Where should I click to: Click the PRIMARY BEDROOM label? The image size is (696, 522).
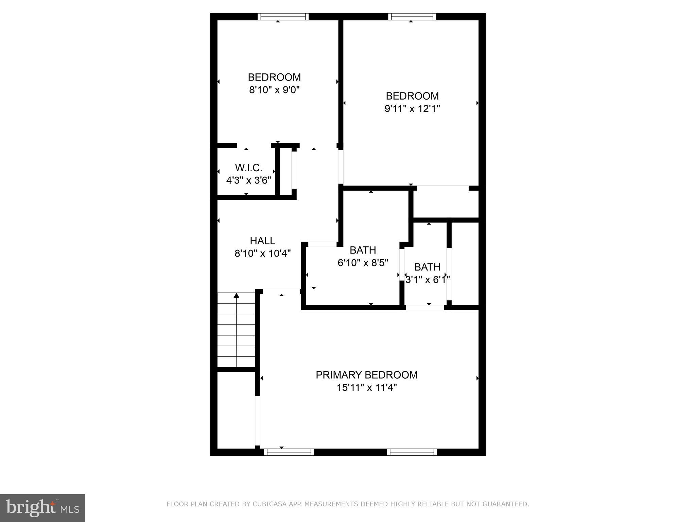click(x=366, y=375)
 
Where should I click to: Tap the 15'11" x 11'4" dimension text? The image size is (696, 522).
click(x=367, y=388)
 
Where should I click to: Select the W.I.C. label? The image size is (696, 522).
click(x=249, y=168)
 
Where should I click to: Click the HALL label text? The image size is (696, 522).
click(x=262, y=241)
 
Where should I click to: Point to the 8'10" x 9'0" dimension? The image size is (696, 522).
click(x=274, y=90)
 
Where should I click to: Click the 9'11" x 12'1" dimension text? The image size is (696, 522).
click(x=412, y=109)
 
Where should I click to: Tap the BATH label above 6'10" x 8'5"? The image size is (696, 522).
click(x=363, y=250)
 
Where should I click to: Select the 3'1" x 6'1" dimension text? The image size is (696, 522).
click(x=427, y=280)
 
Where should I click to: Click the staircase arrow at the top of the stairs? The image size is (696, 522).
click(x=236, y=296)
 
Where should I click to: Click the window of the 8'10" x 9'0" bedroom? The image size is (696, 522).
click(x=283, y=17)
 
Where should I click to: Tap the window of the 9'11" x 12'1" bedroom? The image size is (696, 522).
click(x=412, y=17)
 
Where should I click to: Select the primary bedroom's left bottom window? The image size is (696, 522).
click(x=289, y=452)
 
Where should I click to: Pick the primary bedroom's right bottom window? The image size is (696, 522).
click(x=412, y=452)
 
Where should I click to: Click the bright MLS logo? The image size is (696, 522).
click(x=42, y=508)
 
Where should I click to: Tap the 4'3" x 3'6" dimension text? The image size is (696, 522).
click(x=249, y=180)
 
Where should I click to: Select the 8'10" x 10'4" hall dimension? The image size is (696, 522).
click(x=262, y=254)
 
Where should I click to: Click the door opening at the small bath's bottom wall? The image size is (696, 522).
click(x=425, y=307)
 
